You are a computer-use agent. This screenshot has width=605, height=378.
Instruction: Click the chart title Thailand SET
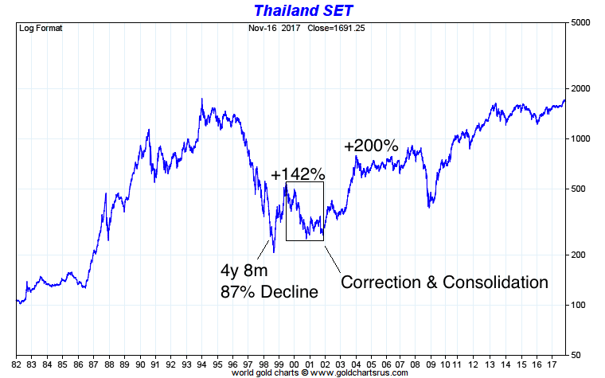302,10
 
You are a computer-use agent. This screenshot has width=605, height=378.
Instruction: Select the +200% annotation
371,146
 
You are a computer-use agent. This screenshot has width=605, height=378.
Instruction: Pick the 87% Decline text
269,291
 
